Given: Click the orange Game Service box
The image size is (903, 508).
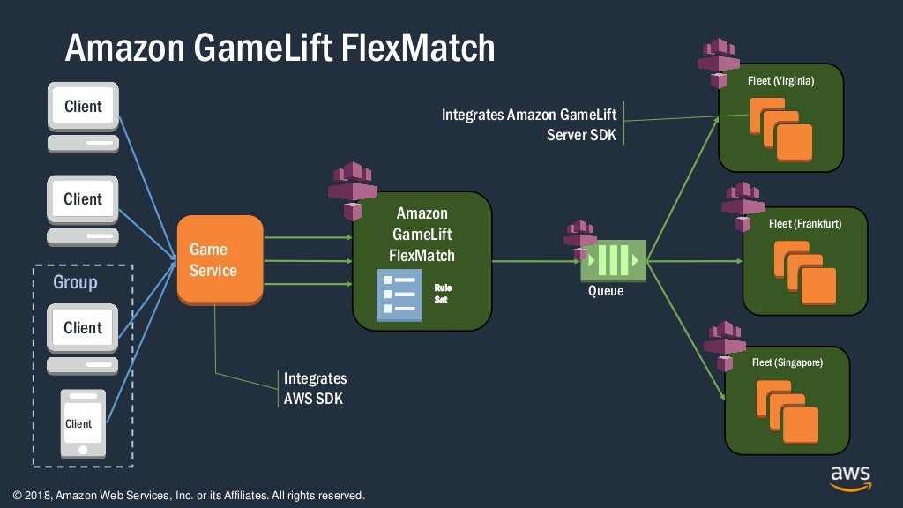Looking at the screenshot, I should click(220, 260).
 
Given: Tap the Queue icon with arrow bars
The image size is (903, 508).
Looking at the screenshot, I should click(613, 261).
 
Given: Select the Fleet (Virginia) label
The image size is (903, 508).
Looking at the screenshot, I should click(780, 81).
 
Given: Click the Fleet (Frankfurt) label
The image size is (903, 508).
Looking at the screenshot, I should click(804, 224).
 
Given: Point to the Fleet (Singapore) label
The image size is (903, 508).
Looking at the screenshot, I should click(787, 362).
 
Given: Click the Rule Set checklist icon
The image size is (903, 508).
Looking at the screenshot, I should click(398, 295).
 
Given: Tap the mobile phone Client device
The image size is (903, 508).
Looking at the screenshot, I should click(83, 423).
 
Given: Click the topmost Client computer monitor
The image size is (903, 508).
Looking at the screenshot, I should click(83, 108).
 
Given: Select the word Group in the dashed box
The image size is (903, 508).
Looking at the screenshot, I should click(75, 283).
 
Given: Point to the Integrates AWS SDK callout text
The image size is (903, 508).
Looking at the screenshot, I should click(315, 388).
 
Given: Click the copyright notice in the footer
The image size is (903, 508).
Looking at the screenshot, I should click(189, 496).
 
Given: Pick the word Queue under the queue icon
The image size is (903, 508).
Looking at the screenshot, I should click(606, 290).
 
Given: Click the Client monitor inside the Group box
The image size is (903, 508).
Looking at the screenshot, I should click(83, 328).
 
